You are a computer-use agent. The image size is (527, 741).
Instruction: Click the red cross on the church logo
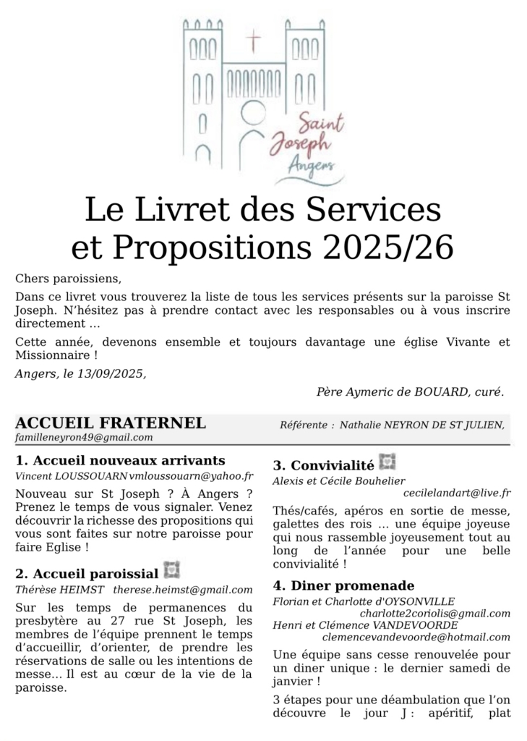coord(254,41)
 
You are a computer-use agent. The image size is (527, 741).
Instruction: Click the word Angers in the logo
coord(311,167)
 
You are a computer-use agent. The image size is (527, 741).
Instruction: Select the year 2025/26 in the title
coord(388,247)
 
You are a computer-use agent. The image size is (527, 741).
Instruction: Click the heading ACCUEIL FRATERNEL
coord(111,423)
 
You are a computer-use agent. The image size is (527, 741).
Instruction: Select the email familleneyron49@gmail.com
coord(84,438)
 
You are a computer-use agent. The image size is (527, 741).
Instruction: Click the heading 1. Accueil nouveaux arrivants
coord(120,460)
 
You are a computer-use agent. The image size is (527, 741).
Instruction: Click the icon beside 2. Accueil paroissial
coord(171,570)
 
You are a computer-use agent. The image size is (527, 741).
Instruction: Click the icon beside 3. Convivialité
coord(388,461)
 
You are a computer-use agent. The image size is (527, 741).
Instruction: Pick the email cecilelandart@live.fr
coord(457,494)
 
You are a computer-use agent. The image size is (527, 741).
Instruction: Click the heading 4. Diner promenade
coord(344,585)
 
